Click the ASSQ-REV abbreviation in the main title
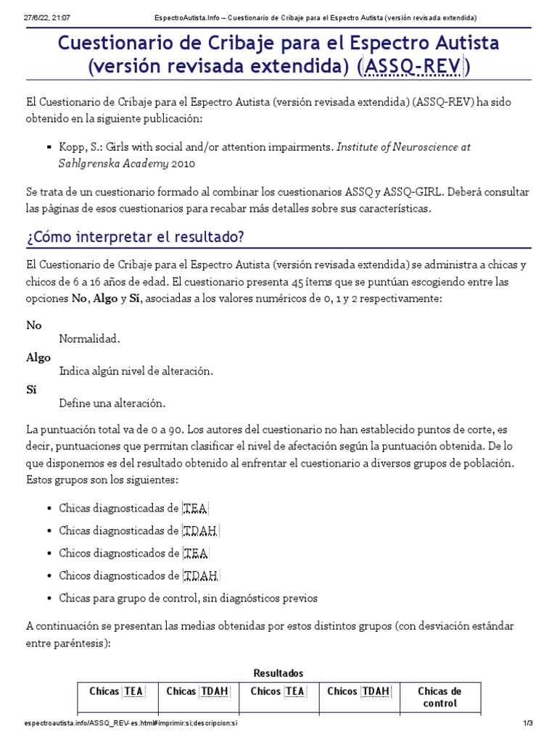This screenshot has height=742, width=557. (413, 67)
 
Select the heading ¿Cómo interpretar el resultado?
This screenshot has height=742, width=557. (135, 237)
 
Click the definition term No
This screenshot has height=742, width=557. (34, 325)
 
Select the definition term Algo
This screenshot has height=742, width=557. (38, 357)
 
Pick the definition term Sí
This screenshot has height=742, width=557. (31, 389)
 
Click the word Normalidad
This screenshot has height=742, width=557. (89, 338)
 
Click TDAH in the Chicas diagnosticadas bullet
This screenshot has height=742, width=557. (201, 531)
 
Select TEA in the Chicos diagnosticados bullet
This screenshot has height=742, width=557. (196, 554)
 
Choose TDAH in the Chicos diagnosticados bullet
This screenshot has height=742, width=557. (201, 576)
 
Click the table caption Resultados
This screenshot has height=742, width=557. (278, 673)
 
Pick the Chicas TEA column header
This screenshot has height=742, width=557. (116, 691)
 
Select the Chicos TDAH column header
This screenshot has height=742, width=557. (358, 691)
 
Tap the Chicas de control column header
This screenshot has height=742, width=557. (440, 697)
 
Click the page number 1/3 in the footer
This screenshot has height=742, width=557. (527, 723)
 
